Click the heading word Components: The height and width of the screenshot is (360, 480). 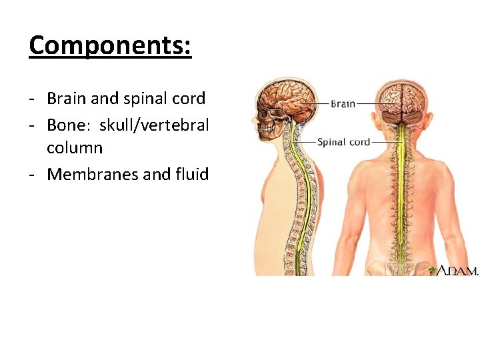click(x=110, y=45)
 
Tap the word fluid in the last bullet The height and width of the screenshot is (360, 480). click(x=193, y=174)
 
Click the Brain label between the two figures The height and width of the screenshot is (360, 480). click(x=343, y=104)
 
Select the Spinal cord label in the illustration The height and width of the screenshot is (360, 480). click(x=343, y=141)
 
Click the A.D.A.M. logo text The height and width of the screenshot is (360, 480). click(x=458, y=271)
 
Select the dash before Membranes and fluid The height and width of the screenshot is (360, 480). click(x=32, y=174)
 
